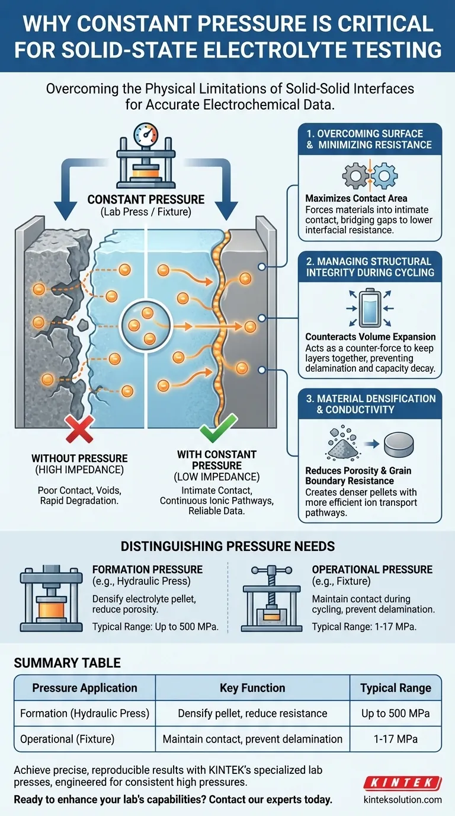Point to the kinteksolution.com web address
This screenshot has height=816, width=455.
pyautogui.click(x=402, y=799)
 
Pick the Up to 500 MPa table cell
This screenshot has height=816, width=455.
pyautogui.click(x=395, y=713)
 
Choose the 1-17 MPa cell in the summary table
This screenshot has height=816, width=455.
pyautogui.click(x=395, y=739)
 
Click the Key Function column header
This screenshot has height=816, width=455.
pyautogui.click(x=252, y=688)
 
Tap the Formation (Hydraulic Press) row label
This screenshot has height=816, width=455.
pyautogui.click(x=84, y=713)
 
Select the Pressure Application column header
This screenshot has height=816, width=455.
pyautogui.click(x=84, y=688)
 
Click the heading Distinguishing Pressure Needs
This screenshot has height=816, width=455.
pyautogui.click(x=227, y=544)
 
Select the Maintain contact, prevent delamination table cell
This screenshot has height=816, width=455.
pyautogui.click(x=252, y=739)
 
